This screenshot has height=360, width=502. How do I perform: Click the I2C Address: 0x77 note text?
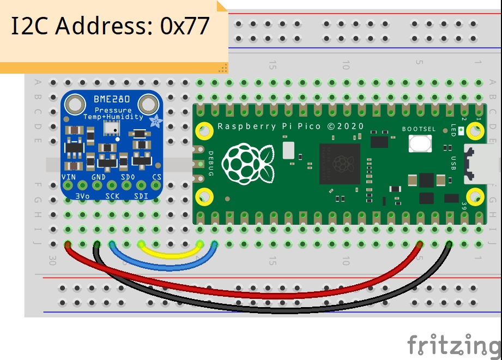tap(111, 26)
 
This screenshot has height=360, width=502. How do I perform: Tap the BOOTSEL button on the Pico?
tap(420, 143)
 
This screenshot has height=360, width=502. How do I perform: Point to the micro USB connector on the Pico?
tap(474, 164)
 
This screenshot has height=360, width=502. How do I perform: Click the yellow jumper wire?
tap(170, 255)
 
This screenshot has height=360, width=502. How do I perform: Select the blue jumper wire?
tap(164, 267)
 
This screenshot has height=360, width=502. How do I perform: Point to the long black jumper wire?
tap(273, 310)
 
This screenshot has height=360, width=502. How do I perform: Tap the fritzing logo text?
tap(453, 345)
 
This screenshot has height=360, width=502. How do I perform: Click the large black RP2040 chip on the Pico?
tap(340, 164)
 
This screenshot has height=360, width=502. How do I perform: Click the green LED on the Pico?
tap(461, 130)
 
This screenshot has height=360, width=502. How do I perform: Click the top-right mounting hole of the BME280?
tap(148, 103)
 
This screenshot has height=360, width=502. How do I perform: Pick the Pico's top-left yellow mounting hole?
tap(204, 131)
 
